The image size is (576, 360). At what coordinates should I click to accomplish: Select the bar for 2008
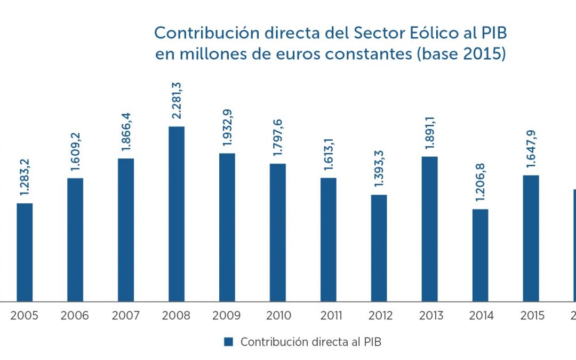coord(177,214)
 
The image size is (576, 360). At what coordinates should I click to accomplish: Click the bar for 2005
coord(25,252)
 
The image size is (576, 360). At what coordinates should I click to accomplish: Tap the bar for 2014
coord(480,255)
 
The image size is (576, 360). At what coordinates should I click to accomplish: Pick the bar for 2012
coord(379,248)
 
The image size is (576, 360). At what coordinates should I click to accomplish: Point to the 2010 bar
coord(277,233)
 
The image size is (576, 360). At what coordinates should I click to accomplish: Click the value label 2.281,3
coord(177,101)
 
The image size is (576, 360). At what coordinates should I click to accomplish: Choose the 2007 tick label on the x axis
coord(126,316)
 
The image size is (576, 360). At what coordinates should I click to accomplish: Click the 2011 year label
coord(329,316)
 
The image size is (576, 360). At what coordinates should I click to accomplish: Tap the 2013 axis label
coord(430,316)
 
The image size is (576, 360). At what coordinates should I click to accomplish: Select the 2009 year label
coord(227,316)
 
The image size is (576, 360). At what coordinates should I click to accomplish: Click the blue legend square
coord(229,342)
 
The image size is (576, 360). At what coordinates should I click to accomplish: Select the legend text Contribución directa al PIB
coord(311,342)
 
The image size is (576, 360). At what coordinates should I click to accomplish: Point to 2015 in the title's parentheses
coord(481,54)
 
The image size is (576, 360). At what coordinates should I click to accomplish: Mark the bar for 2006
coord(75,239)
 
